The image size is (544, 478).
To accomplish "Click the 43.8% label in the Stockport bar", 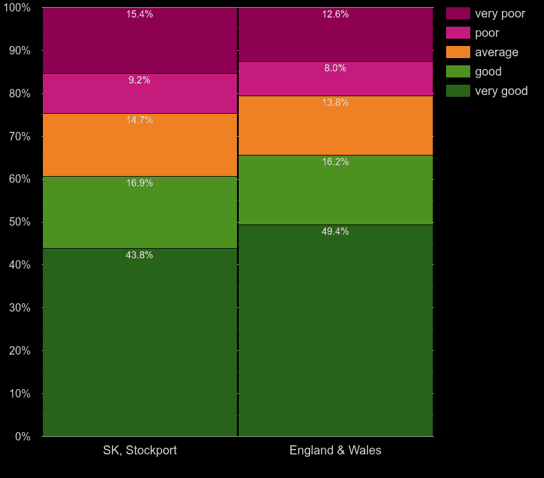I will pos(139,255).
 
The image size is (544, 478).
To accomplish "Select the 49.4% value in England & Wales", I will pos(335,231).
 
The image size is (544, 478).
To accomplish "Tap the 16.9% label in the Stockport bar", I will pos(139,183).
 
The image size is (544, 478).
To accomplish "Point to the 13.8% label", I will pos(335,102).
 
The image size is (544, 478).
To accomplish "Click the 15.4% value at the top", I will pos(139,14).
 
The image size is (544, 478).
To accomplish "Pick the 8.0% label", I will pos(335,68).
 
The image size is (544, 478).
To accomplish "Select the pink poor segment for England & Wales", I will pos(335,82).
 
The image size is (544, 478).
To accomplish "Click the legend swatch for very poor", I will pos(458,13).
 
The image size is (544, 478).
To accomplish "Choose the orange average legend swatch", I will pos(458,52).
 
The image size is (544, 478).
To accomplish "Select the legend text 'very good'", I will pos(501,91).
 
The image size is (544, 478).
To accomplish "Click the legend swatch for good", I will pos(458,71).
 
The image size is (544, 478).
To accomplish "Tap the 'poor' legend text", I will pos(487,33).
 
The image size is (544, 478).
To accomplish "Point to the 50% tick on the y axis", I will pos(19,222).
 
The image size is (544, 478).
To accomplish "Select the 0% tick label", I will pos(22,436).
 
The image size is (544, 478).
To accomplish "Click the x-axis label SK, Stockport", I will pos(140,450).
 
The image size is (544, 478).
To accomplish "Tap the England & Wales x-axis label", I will pos(335,450).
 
